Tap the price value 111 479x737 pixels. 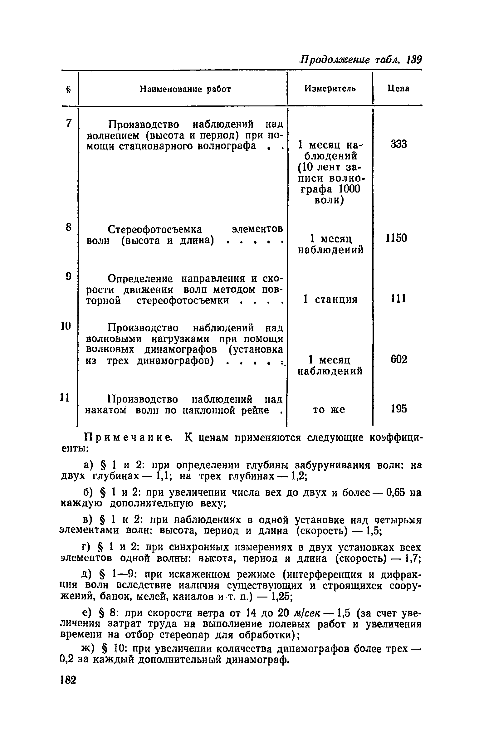click(398, 299)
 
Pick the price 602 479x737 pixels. click(399, 360)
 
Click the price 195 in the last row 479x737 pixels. click(399, 409)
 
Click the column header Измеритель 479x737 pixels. click(330, 89)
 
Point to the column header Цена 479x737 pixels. click(398, 89)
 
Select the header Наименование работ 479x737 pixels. click(185, 89)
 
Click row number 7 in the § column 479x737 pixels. click(69, 123)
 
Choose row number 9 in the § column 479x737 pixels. click(69, 276)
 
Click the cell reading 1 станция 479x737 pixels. click(330, 300)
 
